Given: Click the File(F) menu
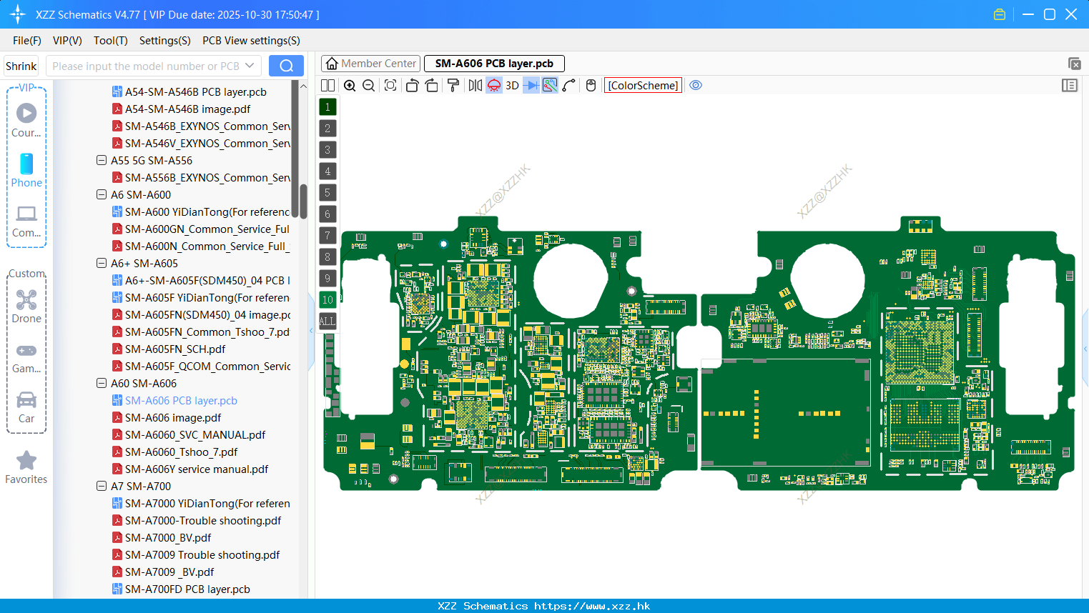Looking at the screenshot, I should [26, 41].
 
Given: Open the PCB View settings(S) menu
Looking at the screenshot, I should [251, 41].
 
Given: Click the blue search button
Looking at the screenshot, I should [286, 66].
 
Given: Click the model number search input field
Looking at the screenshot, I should [146, 66].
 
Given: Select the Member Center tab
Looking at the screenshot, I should [371, 64].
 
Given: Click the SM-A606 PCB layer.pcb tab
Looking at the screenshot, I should [494, 64].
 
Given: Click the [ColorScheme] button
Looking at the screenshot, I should [643, 86].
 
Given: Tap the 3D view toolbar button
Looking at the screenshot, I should [512, 86].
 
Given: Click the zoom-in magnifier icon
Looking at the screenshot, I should [350, 86].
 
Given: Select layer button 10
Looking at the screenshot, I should [327, 300].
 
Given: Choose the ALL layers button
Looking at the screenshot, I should [327, 322].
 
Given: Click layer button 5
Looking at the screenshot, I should [327, 193].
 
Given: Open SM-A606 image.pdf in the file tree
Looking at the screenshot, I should [173, 418].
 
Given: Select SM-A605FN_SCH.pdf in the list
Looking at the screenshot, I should [175, 349].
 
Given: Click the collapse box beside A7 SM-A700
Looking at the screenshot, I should [102, 487].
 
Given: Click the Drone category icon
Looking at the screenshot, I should [26, 300].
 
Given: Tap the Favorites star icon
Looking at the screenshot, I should [26, 461].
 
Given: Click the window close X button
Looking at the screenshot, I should [1071, 14].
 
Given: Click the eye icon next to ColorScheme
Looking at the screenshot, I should [696, 86].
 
